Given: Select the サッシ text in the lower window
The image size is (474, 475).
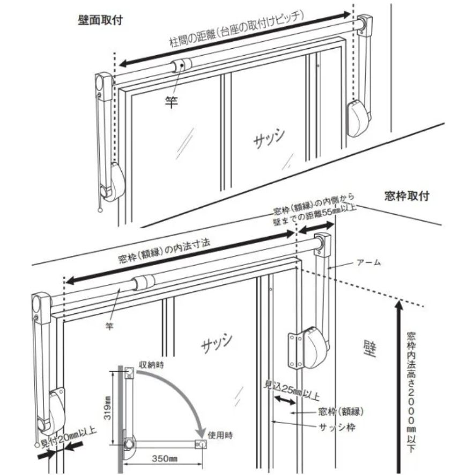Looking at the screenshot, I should (x=217, y=343).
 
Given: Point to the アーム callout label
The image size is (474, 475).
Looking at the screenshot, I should (x=368, y=262).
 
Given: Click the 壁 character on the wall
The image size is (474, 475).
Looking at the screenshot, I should (x=368, y=349).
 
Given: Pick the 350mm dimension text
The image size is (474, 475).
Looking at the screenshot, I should (x=165, y=459).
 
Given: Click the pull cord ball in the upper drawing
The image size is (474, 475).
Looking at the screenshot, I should (x=100, y=211).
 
